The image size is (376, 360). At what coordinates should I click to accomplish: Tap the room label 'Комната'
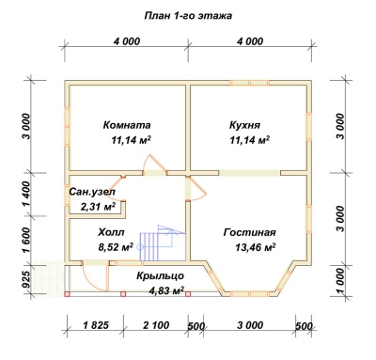pyautogui.click(x=127, y=125)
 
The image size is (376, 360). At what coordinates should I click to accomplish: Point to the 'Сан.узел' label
pyautogui.click(x=92, y=192)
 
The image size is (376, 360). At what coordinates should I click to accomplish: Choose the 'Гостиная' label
pyautogui.click(x=249, y=232)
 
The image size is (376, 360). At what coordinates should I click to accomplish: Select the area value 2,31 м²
pyautogui.click(x=99, y=207)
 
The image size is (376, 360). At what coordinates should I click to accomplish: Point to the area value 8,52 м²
pyautogui.click(x=117, y=247)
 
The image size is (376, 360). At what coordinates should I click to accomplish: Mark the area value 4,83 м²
pyautogui.click(x=167, y=290)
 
